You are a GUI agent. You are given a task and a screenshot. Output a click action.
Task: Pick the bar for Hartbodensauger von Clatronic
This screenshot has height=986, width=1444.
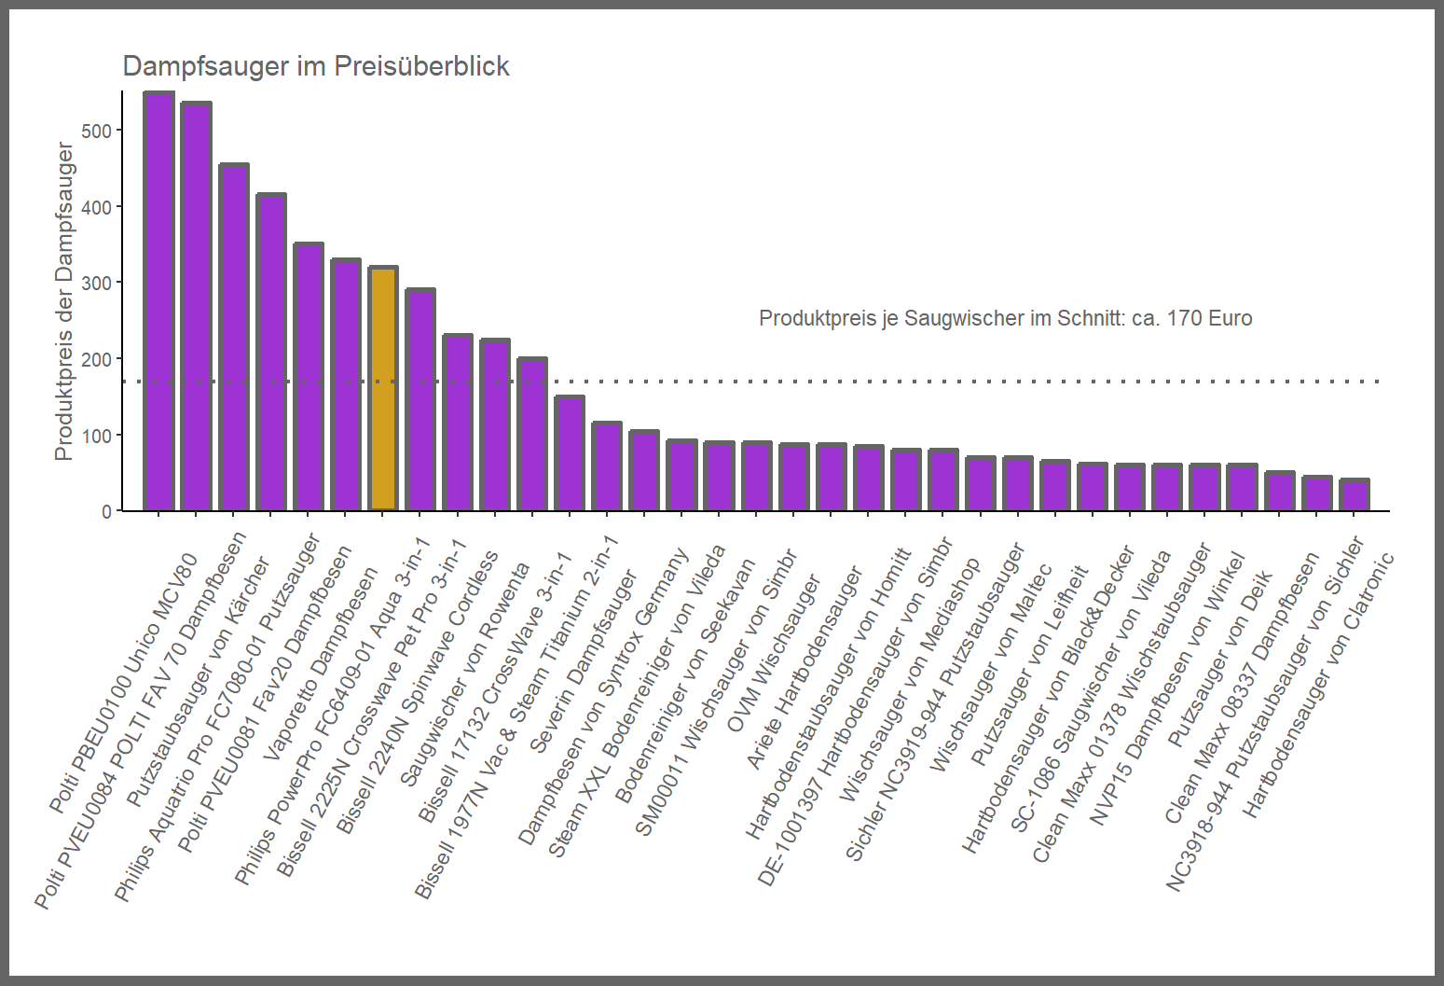(x=1355, y=495)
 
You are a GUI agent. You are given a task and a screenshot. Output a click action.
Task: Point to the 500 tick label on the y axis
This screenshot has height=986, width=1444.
(x=96, y=131)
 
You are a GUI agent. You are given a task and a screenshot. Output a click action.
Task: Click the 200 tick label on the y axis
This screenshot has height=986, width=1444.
(x=96, y=359)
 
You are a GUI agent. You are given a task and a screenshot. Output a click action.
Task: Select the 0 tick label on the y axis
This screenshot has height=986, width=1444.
(x=106, y=511)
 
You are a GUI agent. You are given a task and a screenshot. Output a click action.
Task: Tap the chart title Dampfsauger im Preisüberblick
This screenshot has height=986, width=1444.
(x=316, y=66)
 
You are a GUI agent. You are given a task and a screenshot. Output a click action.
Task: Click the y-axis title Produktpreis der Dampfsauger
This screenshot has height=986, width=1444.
(x=63, y=300)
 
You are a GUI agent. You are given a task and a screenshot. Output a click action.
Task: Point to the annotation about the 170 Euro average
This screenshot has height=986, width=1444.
(x=1005, y=318)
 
